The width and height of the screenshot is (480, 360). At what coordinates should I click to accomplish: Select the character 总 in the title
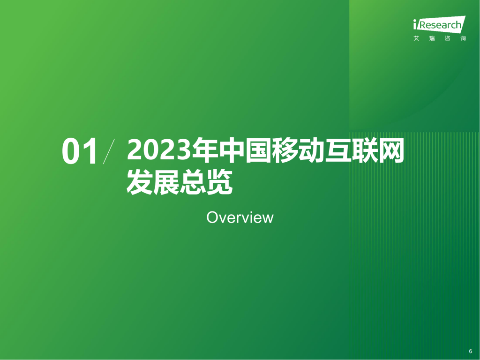point(193,182)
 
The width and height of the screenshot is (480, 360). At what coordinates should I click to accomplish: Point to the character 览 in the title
point(219,182)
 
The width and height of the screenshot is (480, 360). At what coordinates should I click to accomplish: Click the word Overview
point(240,217)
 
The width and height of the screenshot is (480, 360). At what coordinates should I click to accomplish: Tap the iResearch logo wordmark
point(439,25)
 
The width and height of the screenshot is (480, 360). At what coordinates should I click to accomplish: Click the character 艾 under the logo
point(416,38)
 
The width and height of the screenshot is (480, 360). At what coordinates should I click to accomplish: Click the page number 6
point(470,351)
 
